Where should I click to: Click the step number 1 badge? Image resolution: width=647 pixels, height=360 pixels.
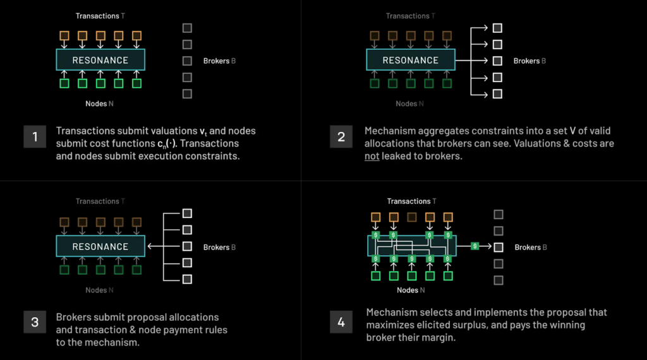pos(35,136)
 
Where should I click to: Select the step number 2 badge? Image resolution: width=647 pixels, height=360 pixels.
pos(341,136)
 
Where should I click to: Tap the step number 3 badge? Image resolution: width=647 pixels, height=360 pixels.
pos(35,323)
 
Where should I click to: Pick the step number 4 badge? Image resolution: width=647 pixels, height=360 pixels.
pos(341,323)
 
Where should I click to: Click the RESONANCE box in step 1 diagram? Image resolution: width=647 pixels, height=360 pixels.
pos(100,60)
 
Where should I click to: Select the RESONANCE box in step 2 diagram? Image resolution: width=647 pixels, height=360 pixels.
pos(411,60)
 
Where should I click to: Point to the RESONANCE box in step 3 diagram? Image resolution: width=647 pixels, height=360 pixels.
pos(100,246)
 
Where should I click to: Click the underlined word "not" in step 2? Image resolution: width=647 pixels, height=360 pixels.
pos(372,155)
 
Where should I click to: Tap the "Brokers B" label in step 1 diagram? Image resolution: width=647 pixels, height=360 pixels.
pos(219,61)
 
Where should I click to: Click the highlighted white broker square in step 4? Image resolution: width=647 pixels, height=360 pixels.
pos(499,247)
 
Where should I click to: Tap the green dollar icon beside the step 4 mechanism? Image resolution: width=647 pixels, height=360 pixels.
pos(475,246)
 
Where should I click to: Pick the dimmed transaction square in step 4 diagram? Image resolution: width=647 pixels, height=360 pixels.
pos(412,217)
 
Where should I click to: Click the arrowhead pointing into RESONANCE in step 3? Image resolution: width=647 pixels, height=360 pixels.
pos(150,247)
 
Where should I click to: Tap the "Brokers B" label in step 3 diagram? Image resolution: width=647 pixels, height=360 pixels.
pos(219,248)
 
